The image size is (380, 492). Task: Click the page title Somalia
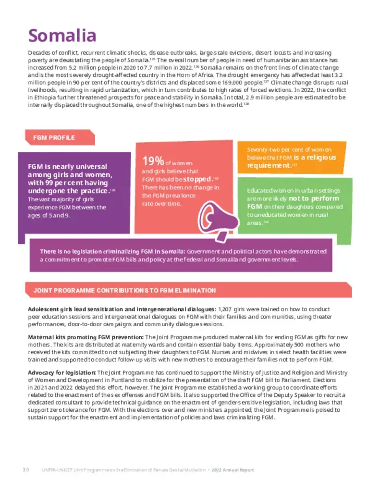point(62,36)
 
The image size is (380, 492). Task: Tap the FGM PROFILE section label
point(54,138)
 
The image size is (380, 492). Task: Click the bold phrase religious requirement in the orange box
point(292,161)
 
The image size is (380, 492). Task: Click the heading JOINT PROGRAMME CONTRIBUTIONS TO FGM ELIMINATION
point(124,291)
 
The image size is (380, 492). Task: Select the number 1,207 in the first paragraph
point(227,309)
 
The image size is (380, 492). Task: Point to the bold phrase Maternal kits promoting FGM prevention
point(86,337)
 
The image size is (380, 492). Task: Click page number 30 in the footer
point(26,470)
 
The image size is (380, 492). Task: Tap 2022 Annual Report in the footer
point(233,470)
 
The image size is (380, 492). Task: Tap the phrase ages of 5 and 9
point(51,215)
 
